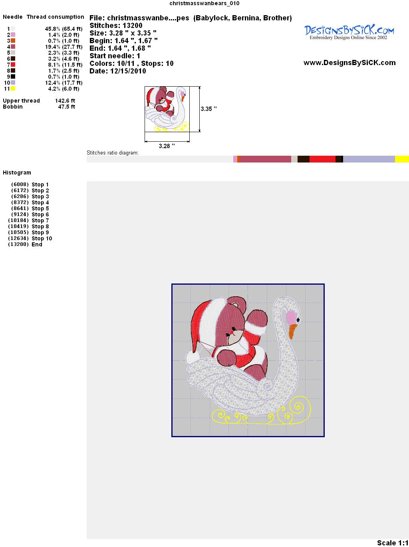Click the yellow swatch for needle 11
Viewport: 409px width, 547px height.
13,89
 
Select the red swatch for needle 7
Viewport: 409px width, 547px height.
13,65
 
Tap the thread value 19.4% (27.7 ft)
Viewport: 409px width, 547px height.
64,47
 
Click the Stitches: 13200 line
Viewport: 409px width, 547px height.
116,26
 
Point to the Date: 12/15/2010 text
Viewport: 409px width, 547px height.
118,71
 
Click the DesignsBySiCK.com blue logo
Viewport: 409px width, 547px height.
349,32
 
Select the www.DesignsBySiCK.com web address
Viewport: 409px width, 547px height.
349,63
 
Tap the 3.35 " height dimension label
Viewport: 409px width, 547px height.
208,109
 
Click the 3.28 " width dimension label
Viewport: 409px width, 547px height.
167,146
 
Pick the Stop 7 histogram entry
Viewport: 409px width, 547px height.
28,220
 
